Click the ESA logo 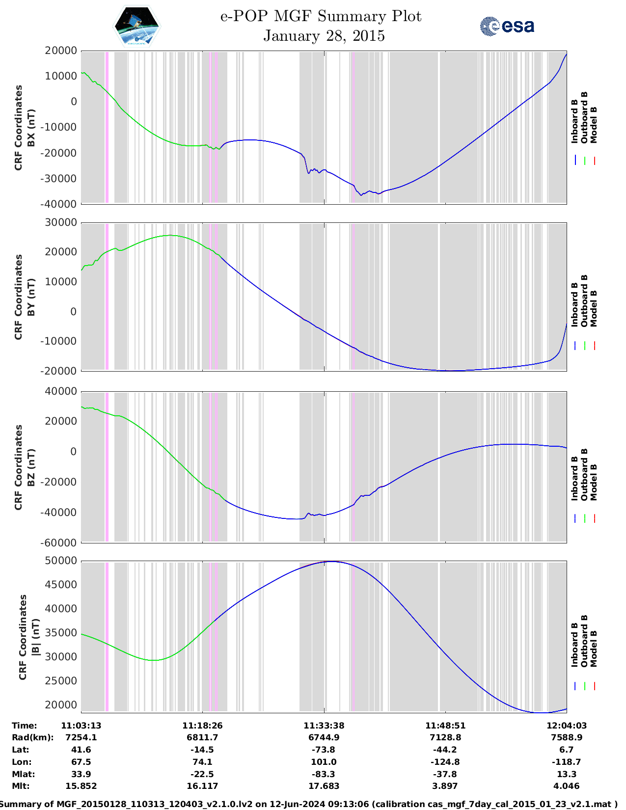[x=507, y=26]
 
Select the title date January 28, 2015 [x=324, y=36]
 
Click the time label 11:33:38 [x=324, y=726]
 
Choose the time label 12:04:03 [x=567, y=726]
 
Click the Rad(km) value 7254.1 [x=81, y=737]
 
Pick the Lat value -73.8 [x=324, y=750]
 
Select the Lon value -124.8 [x=445, y=762]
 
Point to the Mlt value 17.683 [x=324, y=786]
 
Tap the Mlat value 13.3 [x=567, y=774]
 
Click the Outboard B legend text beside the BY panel [x=584, y=300]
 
